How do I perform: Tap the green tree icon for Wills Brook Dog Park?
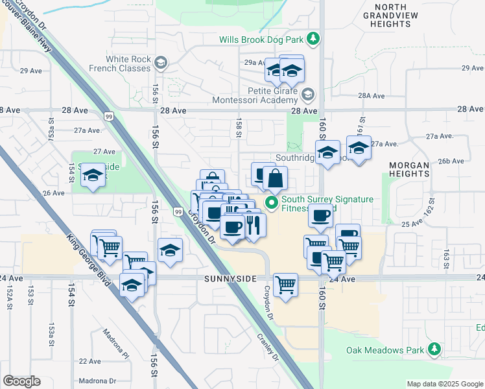314,40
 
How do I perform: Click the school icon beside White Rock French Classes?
160,63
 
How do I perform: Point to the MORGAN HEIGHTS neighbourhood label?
409,170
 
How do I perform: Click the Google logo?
21,381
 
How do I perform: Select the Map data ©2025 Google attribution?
444,384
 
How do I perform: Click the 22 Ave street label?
89,361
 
